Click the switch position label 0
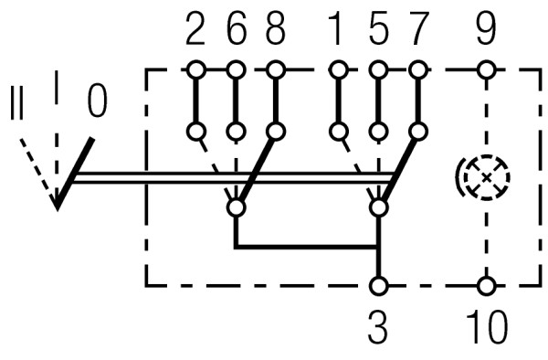(x=97, y=101)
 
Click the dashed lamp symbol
(x=483, y=175)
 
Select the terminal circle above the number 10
(x=487, y=286)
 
